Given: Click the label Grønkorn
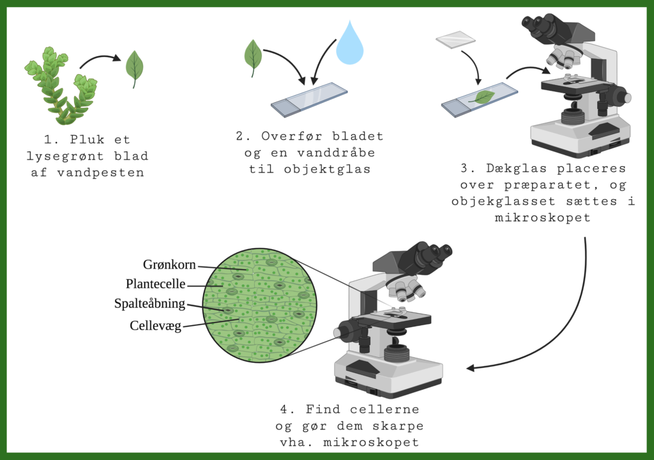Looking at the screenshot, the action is (169, 264).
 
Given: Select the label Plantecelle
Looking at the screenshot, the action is (156, 284).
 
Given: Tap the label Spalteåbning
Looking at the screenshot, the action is (149, 303).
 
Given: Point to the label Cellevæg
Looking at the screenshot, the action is (156, 326).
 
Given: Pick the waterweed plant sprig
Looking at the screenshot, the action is (61, 86).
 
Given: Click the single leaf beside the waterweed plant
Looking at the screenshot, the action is (134, 68).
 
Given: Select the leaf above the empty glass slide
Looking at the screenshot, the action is (253, 57).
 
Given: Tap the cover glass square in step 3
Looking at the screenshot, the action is (455, 40).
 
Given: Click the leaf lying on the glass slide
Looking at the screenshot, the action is (483, 97).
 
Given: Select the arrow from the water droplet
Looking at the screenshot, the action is (322, 61).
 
